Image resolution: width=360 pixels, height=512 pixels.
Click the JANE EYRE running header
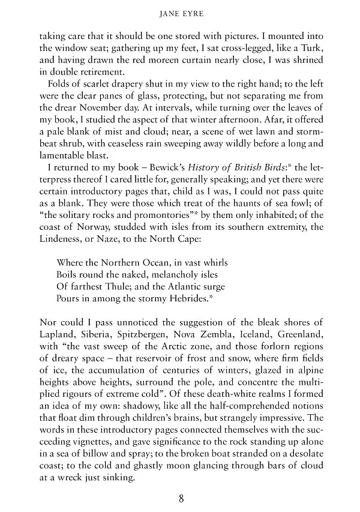[x=179, y=11]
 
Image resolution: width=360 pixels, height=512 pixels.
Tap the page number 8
[x=180, y=498]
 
